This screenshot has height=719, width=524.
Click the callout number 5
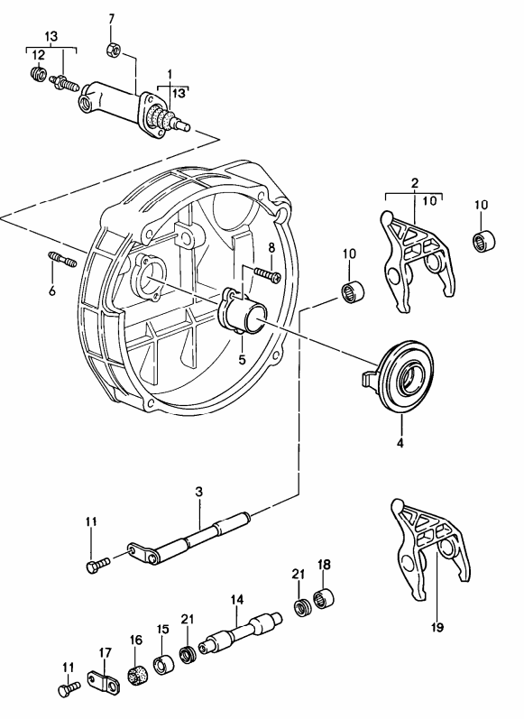click(x=242, y=358)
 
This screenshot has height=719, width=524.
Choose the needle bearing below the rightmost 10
click(x=485, y=243)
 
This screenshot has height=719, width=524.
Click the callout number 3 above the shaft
click(x=198, y=492)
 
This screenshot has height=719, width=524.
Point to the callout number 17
click(x=105, y=652)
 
